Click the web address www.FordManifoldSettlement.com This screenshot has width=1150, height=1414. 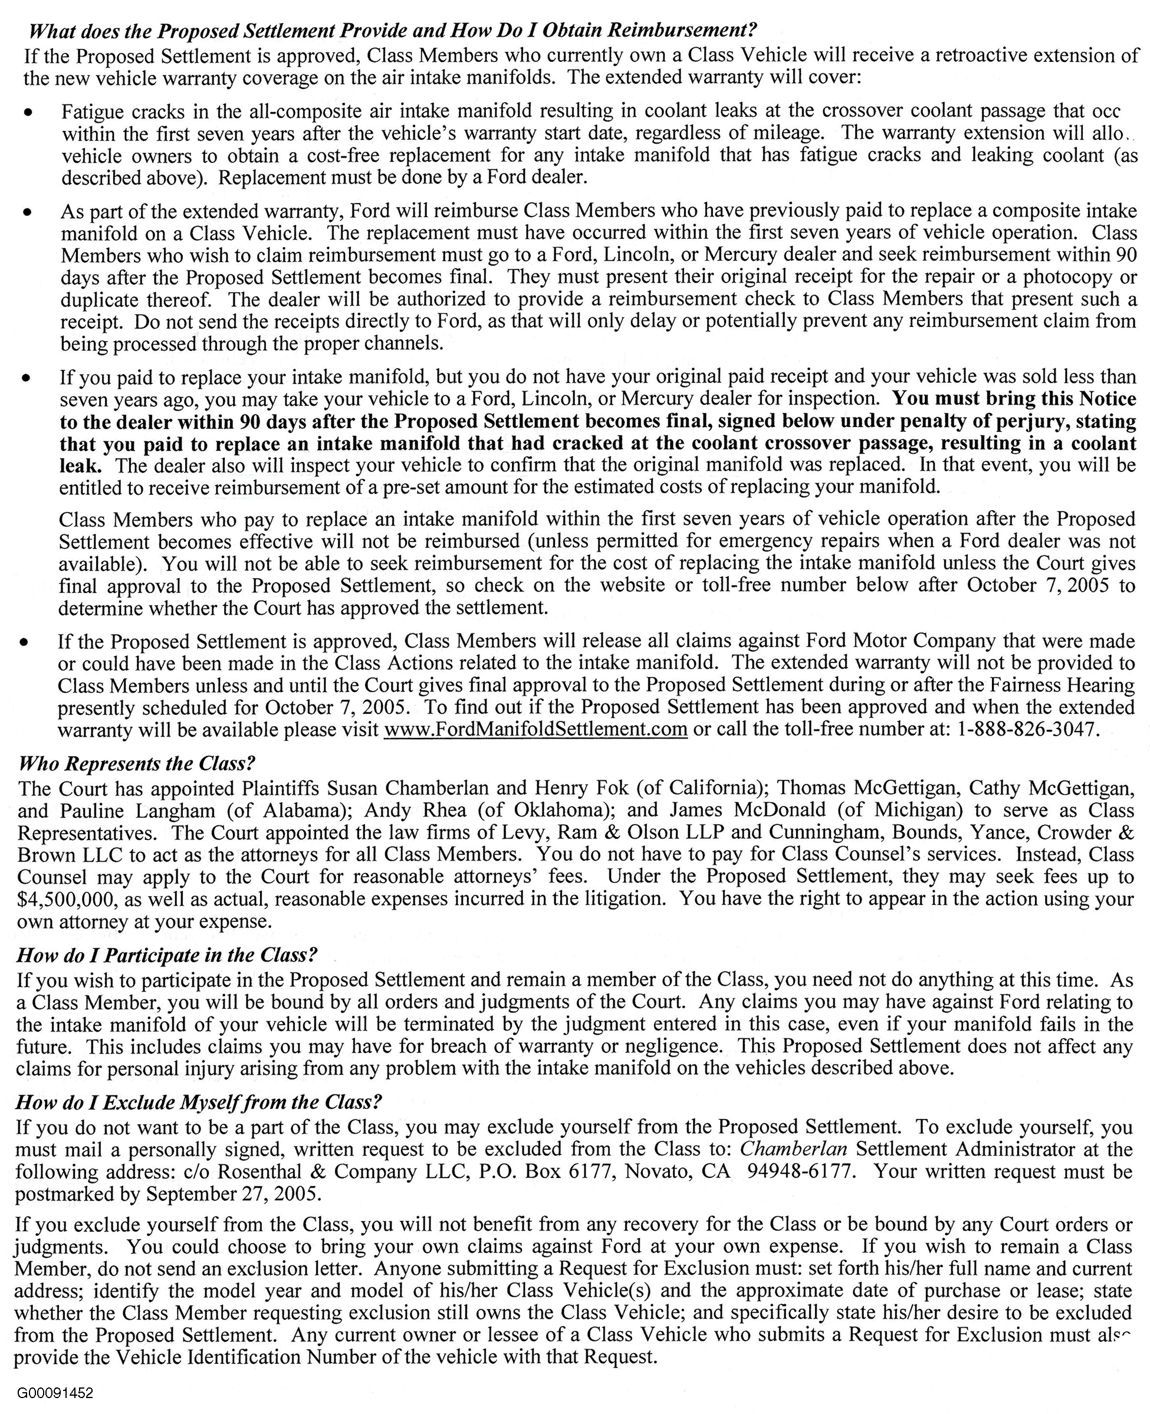535,730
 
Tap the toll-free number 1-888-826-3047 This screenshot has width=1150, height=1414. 1026,730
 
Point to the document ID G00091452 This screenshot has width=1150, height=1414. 55,1393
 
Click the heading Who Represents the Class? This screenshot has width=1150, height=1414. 136,763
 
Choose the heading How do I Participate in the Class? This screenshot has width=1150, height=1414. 167,955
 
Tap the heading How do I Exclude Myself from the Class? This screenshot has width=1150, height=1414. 199,1102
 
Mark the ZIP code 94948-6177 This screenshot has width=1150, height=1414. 799,1172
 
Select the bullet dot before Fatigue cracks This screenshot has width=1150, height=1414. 27,112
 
